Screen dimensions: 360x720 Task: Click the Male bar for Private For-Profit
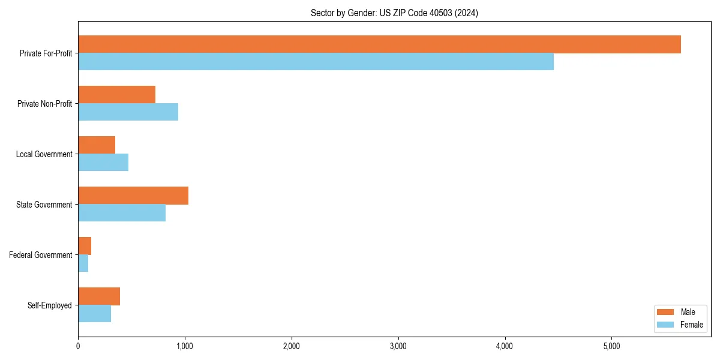pos(379,44)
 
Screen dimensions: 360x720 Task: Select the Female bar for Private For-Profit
pos(316,62)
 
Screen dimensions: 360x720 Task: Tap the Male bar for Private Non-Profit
pos(116,95)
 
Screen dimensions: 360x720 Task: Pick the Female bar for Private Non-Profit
pos(128,112)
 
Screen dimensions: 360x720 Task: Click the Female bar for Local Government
pos(103,163)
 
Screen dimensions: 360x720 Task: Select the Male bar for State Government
pos(133,196)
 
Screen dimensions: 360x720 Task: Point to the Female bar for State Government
pos(122,213)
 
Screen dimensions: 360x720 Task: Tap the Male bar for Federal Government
pos(85,246)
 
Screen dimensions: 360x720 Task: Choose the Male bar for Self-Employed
pos(99,296)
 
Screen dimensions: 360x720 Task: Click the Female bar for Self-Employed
pos(94,314)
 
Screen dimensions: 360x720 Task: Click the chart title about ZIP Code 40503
pos(394,13)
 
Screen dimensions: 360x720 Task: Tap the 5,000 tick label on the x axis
pos(611,346)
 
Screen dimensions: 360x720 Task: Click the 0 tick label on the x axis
pos(78,346)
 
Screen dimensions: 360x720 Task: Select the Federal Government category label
pos(40,255)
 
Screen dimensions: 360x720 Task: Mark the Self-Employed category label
pos(49,305)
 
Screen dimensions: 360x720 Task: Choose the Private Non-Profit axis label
pos(44,104)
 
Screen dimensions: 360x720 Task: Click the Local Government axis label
pos(44,154)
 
